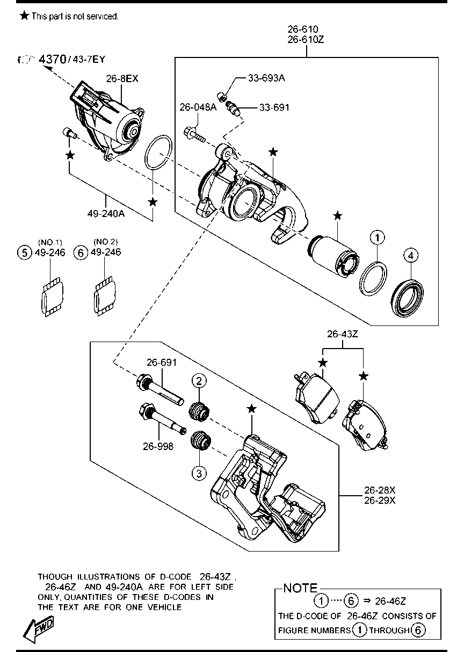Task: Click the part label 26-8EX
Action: point(122,78)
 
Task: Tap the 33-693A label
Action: point(266,78)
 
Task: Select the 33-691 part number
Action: point(274,108)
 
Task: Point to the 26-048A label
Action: point(198,107)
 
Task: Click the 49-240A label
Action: point(106,214)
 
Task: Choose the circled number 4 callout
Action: point(411,256)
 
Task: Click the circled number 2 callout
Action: point(199,381)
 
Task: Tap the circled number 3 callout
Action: point(199,473)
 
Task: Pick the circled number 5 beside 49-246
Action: point(25,252)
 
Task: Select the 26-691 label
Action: point(162,363)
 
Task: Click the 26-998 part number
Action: point(158,446)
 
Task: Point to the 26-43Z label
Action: point(342,334)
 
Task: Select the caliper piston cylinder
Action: point(333,256)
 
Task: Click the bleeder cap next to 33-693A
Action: point(222,97)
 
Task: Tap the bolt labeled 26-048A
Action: point(194,135)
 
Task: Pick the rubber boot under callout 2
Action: point(199,411)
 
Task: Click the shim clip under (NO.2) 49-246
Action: point(105,296)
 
